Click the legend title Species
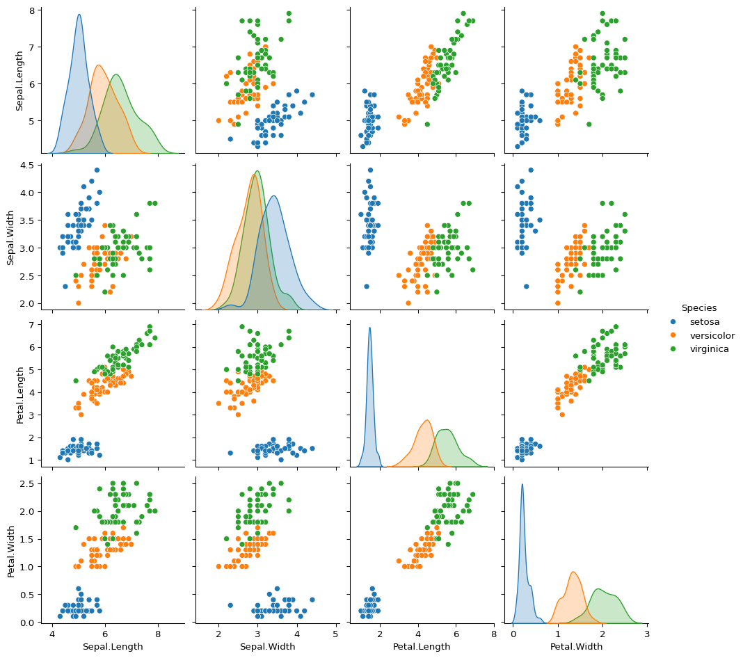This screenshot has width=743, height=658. [x=699, y=307]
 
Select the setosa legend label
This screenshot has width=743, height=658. [x=703, y=322]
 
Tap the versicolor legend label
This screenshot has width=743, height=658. [x=712, y=335]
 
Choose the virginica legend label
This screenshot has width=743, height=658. [x=710, y=349]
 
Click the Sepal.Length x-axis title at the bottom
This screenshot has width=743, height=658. [x=113, y=647]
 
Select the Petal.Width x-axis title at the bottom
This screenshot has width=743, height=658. [x=577, y=647]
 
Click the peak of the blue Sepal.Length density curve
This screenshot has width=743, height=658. [x=79, y=15]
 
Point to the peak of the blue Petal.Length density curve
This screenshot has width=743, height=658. [x=369, y=328]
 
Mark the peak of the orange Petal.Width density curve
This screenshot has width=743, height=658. [x=573, y=572]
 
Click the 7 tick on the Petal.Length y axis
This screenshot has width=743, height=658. [x=30, y=324]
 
